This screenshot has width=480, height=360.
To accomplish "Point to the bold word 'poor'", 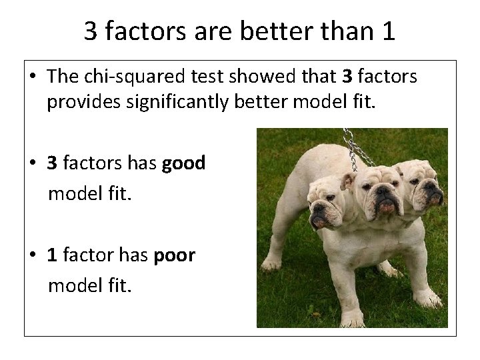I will [174, 257].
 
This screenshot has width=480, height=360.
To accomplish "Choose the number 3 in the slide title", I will [91, 31].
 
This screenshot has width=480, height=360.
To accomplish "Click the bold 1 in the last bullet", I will [51, 257].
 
